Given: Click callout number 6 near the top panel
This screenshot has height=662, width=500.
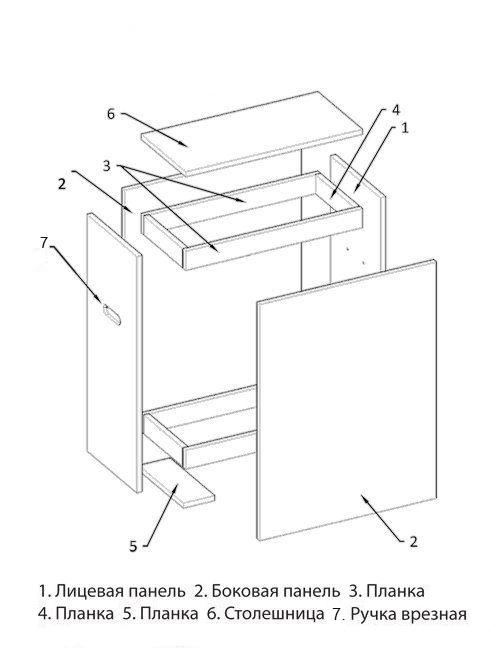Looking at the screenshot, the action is pyautogui.click(x=110, y=114).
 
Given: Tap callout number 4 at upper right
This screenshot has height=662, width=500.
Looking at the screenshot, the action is pyautogui.click(x=395, y=110).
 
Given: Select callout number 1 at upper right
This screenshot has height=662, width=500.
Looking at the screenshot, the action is pyautogui.click(x=405, y=128).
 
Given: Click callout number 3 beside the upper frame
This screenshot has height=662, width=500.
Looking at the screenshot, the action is pyautogui.click(x=106, y=166).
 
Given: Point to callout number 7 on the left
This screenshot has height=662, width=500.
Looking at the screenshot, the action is pyautogui.click(x=44, y=242).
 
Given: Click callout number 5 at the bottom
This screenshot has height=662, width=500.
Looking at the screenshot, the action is pyautogui.click(x=133, y=546).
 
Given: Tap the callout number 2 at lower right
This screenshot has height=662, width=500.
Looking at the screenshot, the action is pyautogui.click(x=413, y=541).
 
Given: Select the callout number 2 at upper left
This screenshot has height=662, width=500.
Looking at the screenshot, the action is pyautogui.click(x=62, y=184).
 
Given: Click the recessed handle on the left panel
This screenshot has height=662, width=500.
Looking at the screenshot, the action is pyautogui.click(x=112, y=315).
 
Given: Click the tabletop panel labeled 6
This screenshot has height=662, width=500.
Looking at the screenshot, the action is pyautogui.click(x=252, y=133).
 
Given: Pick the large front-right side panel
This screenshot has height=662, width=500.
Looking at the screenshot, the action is pyautogui.click(x=346, y=399).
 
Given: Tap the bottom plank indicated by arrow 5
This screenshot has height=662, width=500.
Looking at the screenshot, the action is pyautogui.click(x=179, y=483).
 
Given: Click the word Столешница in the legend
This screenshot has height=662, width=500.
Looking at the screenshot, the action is pyautogui.click(x=274, y=614).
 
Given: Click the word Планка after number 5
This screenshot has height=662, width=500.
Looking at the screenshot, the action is pyautogui.click(x=168, y=614).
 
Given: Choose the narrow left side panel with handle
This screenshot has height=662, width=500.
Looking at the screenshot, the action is pyautogui.click(x=114, y=352).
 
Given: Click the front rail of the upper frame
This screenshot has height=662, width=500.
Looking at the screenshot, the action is pyautogui.click(x=273, y=238).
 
